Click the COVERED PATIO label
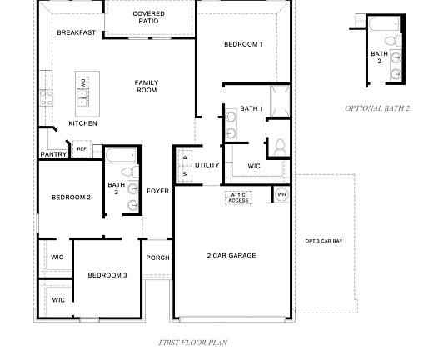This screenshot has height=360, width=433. pos(148,17)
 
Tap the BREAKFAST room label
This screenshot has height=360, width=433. pos(76,32)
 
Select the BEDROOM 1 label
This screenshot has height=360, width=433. pos(243,44)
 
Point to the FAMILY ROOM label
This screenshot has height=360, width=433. pos(147,86)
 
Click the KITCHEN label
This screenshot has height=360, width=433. pos(82,123)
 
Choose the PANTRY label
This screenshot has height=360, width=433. pos(53,154)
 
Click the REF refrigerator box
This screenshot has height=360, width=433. pos(82,150)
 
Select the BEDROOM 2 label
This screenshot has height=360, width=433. pos(71,197)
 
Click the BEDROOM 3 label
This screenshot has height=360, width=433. pos(107,275)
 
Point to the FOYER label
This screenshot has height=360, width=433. pos(157,191)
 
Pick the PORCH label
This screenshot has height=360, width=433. pos(157,257)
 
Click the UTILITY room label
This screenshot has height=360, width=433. pos(207,165)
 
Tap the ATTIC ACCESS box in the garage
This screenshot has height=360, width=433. pos(238,197)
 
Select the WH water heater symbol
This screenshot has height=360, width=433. pos(281,194)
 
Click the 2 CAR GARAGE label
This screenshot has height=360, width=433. pos(231,255)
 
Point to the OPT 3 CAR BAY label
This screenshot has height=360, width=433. pos(323,241)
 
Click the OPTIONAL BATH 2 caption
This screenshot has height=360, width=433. pos(377,108)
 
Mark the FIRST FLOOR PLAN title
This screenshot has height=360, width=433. pos(193,342)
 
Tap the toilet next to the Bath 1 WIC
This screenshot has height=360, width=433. pos(279,147)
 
